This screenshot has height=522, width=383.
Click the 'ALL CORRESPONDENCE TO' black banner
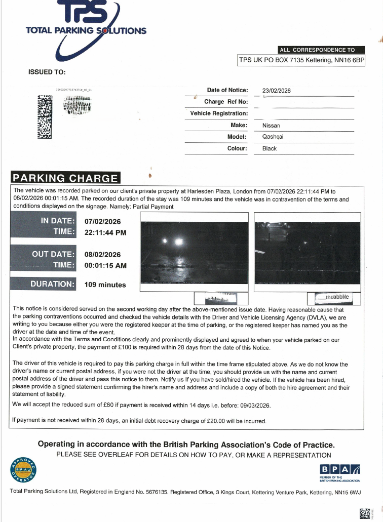click(x=321, y=50)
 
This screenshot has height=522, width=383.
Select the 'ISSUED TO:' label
click(x=47, y=72)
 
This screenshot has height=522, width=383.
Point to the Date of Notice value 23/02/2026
click(x=277, y=91)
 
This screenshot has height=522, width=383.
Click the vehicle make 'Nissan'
click(x=271, y=125)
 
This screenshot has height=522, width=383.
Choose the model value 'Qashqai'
click(x=273, y=137)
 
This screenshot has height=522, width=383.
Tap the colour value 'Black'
click(x=270, y=148)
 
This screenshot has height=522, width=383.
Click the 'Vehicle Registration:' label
click(x=219, y=113)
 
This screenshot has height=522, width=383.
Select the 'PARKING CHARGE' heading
click(x=65, y=178)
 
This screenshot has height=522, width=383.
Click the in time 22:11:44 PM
click(x=105, y=232)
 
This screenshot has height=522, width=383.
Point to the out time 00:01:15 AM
click(x=105, y=265)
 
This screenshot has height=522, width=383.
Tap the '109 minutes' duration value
click(x=105, y=285)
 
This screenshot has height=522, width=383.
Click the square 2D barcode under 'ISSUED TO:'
click(x=45, y=117)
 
